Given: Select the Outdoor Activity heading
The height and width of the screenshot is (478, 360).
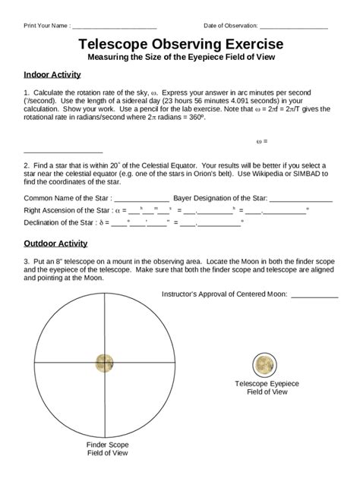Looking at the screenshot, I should coord(58,244).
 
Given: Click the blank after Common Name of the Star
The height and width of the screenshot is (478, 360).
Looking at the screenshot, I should coord(142,199).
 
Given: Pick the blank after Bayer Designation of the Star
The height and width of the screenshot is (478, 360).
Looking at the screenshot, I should coord(301,199).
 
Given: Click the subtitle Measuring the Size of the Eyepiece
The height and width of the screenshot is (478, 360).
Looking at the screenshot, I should coord(180,58).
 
